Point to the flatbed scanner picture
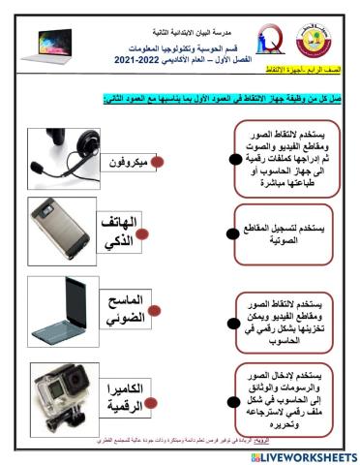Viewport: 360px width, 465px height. [x=61, y=316]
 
